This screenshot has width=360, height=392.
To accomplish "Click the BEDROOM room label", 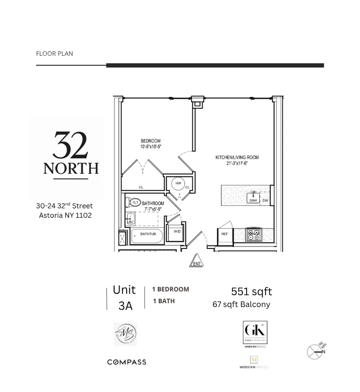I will pos(150,141).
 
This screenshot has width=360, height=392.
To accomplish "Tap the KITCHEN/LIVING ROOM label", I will pos(237,158).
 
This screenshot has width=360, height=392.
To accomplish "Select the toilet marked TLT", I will pos(135,202).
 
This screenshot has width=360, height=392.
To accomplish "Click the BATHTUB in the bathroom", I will pos(147,234).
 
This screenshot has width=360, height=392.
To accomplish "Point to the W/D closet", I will pos(177,231).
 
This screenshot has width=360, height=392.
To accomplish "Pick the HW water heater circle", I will pos(178,183).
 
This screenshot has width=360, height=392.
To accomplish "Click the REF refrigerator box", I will pos(224,234).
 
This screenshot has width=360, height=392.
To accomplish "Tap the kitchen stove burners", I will pos(254,235).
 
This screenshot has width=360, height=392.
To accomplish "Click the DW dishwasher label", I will pos(265,201).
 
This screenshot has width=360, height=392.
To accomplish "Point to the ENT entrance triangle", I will pos(197,262).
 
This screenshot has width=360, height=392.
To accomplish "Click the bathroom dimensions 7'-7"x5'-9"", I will pos(153,209).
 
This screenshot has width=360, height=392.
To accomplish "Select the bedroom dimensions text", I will pos(150,147).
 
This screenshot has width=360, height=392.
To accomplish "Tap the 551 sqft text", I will pos(251,291).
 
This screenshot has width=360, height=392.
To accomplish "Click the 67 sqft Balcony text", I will pos(241,304).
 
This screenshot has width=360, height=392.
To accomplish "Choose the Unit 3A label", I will pos(124,298).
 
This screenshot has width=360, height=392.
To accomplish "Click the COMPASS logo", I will pos(127,362).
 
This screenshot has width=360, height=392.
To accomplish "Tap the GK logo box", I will pos(255,333).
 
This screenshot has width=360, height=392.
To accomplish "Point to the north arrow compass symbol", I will pos(316,351).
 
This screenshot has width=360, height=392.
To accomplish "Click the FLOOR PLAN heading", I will pos(54,53).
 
